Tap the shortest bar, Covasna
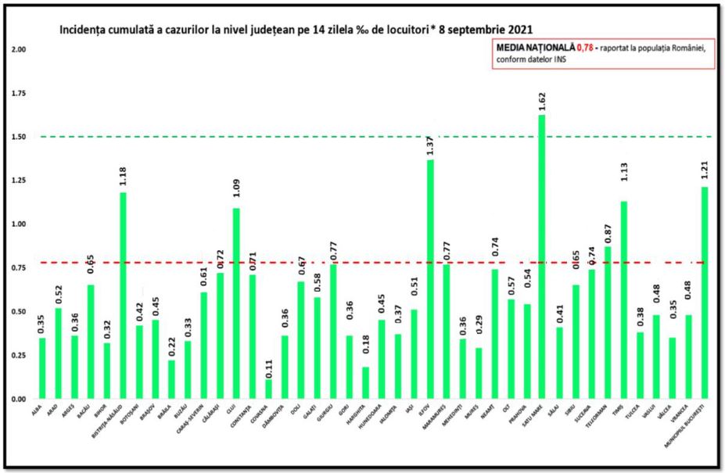tap(269, 389)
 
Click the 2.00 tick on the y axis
tap(19, 49)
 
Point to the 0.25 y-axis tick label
tap(19, 355)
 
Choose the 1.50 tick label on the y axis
tap(19, 137)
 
